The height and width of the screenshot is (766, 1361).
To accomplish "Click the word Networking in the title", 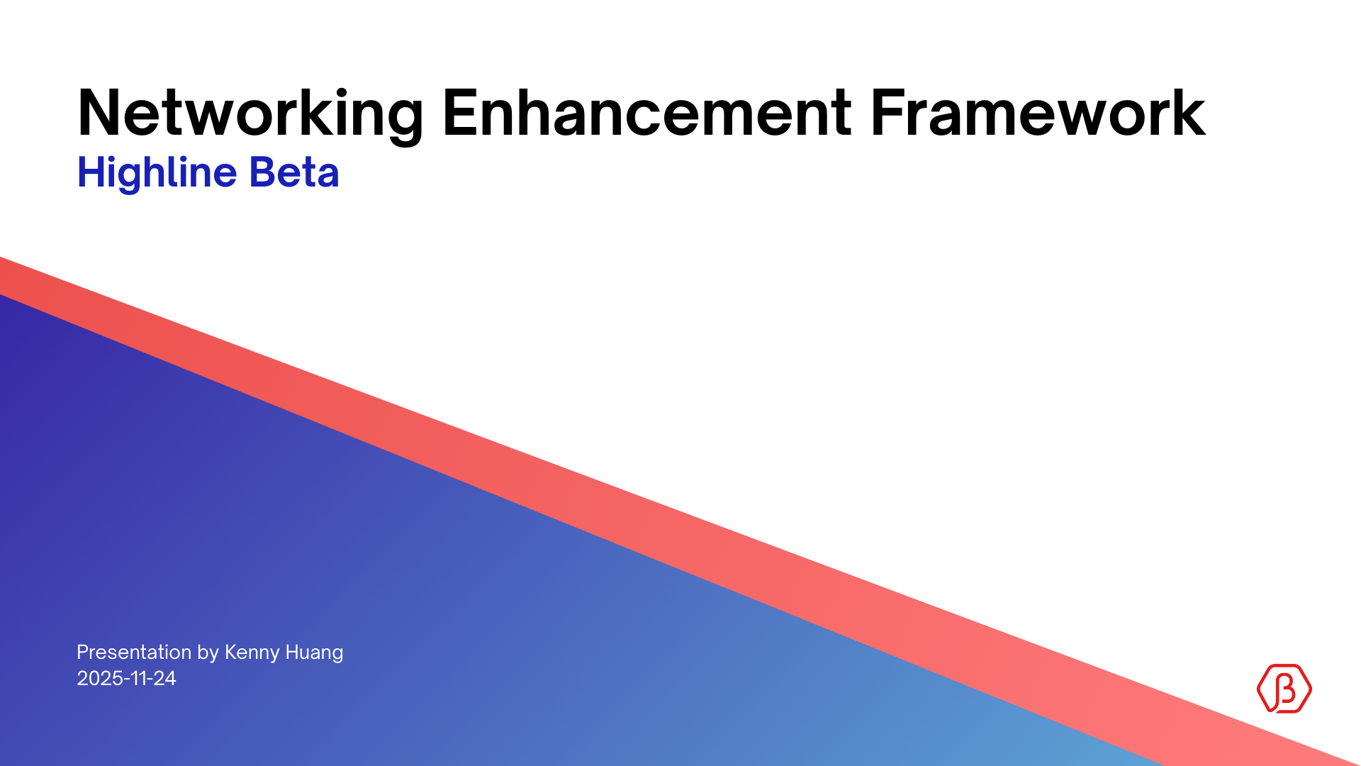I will click(250, 113).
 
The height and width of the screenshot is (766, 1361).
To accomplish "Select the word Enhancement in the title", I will click(646, 113).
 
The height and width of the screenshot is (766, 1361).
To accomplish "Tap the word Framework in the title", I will click(1037, 113).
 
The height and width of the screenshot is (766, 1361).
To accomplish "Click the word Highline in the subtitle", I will click(157, 172).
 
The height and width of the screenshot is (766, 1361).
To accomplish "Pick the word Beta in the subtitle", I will click(294, 172).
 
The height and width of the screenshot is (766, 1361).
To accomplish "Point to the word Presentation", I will click(134, 653).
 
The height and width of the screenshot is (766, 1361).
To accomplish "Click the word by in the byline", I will click(208, 653).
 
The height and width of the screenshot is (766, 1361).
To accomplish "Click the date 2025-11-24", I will click(126, 679).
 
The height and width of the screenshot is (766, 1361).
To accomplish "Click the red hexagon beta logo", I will click(1284, 688).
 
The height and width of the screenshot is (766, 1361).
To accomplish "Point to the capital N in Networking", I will click(96, 113).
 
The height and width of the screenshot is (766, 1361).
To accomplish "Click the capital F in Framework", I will click(885, 113).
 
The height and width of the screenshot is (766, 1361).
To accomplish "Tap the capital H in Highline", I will click(90, 172).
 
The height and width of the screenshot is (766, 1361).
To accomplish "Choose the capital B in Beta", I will click(262, 172).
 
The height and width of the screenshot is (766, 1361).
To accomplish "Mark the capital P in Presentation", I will click(82, 653).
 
